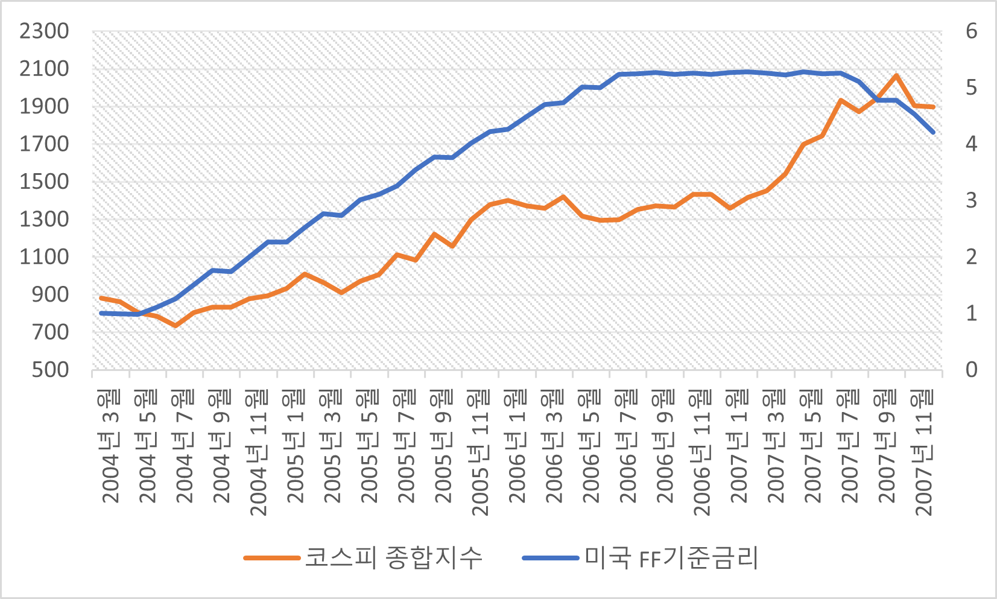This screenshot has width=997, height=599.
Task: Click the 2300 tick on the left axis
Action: click(44, 31)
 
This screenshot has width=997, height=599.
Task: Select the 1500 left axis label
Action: click(44, 182)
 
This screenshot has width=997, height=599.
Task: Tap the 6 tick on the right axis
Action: click(971, 31)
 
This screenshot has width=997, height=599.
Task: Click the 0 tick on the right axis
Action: click(971, 370)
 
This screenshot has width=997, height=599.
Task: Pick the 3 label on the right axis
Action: click(971, 200)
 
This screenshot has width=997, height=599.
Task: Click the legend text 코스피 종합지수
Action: click(394, 557)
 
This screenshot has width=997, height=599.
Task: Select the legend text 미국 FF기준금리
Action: click(671, 557)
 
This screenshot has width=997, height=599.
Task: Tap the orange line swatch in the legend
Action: click(271, 558)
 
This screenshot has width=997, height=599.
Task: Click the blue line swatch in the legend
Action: click(550, 558)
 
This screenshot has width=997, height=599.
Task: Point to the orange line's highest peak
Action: click(896, 76)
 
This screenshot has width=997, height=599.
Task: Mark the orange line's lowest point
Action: click(175, 326)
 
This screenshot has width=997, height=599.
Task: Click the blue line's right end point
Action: click(933, 132)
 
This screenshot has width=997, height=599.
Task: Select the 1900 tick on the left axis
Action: click(44, 106)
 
